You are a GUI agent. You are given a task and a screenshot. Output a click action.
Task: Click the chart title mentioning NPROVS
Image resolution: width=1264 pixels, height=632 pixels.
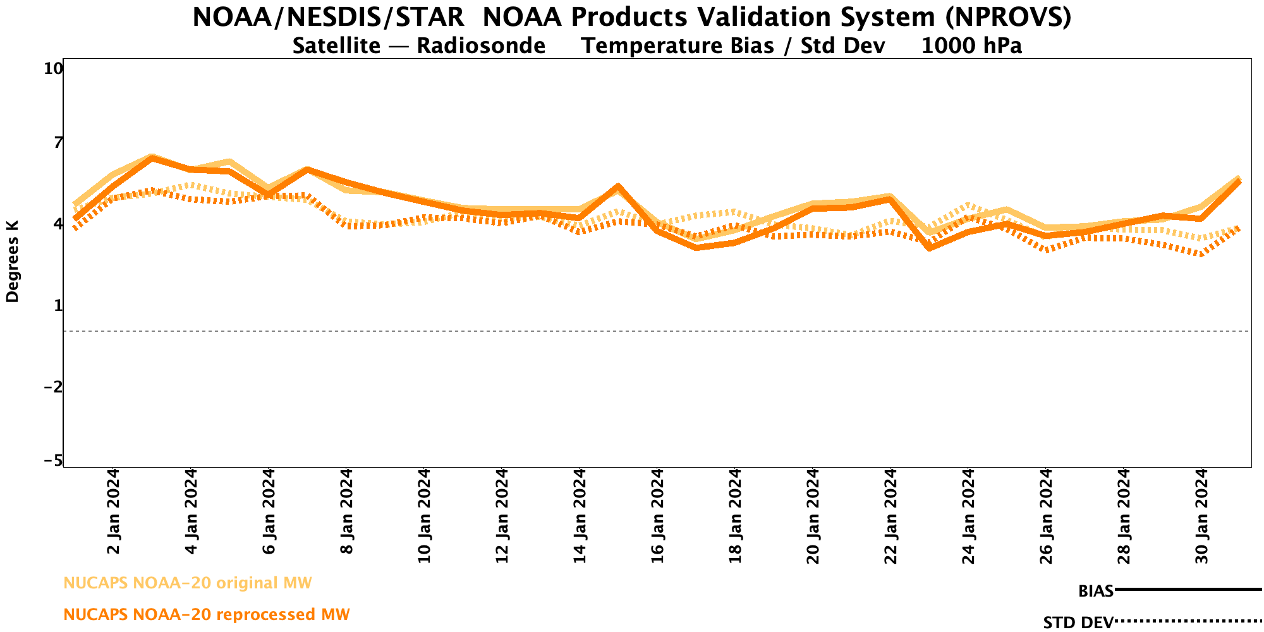[632, 17]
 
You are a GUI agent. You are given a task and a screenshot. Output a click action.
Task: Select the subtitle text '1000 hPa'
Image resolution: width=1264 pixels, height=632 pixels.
[971, 46]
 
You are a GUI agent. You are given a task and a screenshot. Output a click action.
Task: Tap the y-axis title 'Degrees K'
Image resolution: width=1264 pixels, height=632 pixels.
[13, 261]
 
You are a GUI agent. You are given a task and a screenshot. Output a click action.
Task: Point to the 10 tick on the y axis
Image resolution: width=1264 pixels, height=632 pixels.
[53, 68]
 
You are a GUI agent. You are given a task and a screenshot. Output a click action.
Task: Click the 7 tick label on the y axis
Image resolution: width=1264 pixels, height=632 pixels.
[58, 143]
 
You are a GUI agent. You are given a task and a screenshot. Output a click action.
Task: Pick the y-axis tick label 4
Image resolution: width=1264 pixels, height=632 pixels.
[58, 224]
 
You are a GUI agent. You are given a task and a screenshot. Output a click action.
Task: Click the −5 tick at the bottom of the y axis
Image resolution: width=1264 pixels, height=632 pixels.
[53, 461]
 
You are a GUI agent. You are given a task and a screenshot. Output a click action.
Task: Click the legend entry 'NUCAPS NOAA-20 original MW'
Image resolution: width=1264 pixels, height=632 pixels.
[188, 583]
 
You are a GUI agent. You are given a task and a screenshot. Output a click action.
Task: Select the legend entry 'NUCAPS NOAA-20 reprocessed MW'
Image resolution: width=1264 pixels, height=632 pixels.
[207, 614]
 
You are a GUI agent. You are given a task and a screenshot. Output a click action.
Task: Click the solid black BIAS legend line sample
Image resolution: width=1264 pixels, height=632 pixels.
[1188, 590]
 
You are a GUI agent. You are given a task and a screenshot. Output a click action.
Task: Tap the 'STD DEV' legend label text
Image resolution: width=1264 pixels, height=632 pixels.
[1078, 623]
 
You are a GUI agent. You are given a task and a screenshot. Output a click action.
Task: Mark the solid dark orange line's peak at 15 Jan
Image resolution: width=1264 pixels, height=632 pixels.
[618, 186]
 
